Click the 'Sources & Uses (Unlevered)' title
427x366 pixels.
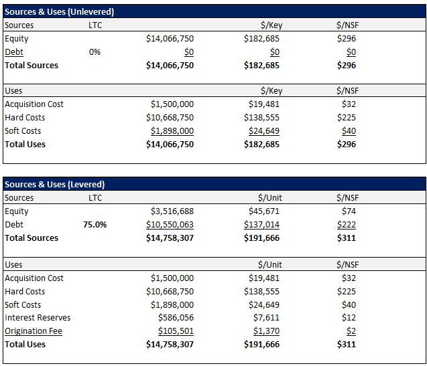(x=60, y=11)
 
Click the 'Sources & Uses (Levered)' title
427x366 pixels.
(x=55, y=185)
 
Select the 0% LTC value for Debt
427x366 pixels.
(x=95, y=52)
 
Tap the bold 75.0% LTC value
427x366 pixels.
(x=95, y=225)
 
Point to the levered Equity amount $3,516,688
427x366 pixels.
(x=172, y=211)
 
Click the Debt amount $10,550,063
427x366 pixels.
(x=170, y=225)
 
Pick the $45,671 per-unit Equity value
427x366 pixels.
(x=264, y=211)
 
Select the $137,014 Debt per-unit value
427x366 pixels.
(x=261, y=225)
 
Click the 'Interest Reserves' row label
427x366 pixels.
(x=38, y=318)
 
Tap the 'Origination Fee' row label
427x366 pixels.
(x=34, y=331)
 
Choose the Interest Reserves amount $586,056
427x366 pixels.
(x=176, y=318)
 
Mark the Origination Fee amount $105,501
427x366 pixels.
(x=176, y=331)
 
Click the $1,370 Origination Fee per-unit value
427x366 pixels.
(x=266, y=331)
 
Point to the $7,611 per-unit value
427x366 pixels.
(x=266, y=318)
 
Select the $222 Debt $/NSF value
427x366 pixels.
(x=347, y=225)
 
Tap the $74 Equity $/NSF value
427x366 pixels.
(x=349, y=211)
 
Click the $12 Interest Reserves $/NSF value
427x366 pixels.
(x=349, y=318)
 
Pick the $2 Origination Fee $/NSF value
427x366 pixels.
(x=351, y=331)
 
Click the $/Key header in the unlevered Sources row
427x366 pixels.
(x=271, y=25)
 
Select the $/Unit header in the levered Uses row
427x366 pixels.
(x=270, y=264)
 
